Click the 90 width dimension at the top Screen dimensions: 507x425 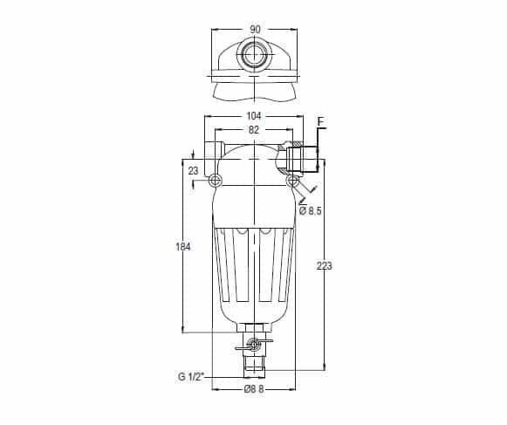tap(255, 30)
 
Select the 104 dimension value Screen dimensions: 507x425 tap(254, 115)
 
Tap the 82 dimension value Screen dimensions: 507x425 tap(254, 130)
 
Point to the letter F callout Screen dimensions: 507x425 tap(321, 122)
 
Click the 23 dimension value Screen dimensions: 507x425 tap(193, 171)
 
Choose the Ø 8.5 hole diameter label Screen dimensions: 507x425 tap(311, 211)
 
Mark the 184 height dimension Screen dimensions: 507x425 tap(183, 247)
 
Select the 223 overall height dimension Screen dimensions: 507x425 tap(324, 266)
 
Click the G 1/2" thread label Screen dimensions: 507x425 tap(191, 377)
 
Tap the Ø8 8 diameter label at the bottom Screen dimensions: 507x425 tap(254, 389)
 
